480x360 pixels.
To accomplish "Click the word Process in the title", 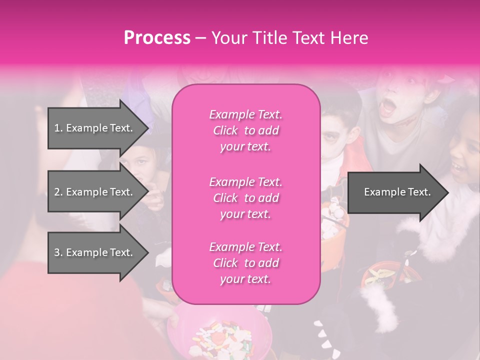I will [x=157, y=38].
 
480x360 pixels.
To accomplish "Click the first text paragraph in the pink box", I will [x=245, y=130].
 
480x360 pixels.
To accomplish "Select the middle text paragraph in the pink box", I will [x=245, y=198].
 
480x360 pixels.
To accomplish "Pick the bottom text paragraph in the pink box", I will [x=245, y=263].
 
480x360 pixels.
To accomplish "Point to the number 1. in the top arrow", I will [x=58, y=128].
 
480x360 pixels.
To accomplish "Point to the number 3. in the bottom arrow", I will [x=58, y=252].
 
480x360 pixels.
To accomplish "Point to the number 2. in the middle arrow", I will [x=58, y=192].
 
